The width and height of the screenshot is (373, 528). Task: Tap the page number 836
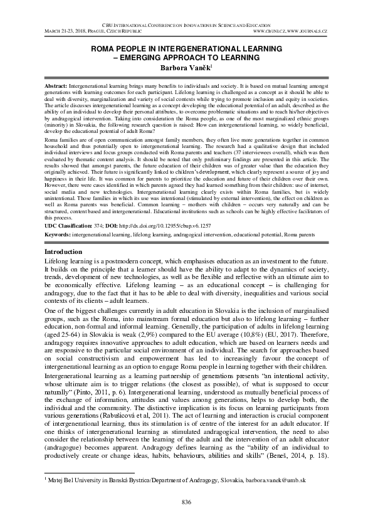coord(186,503)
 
